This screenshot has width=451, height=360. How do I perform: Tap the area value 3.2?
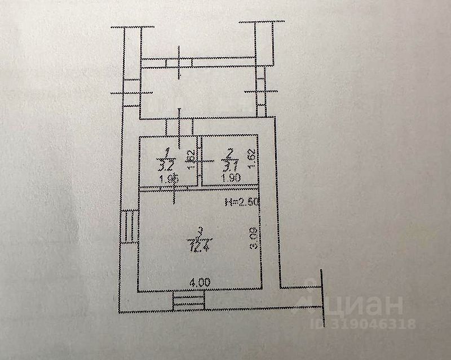point(165,167)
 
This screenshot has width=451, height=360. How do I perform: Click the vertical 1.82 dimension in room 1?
point(191,159)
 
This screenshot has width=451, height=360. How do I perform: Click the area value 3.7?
point(229,167)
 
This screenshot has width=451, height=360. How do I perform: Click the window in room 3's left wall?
point(129,226)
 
